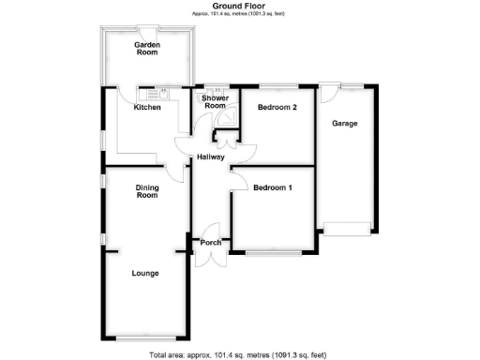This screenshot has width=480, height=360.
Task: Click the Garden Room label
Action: [x=147, y=50]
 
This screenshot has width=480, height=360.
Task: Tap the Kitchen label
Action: [x=147, y=108]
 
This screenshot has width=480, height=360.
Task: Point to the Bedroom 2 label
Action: [x=277, y=108]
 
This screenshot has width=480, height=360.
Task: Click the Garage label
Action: [x=344, y=124]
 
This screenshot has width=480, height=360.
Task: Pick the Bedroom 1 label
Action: [x=273, y=187]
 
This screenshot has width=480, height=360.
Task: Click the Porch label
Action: [x=210, y=243]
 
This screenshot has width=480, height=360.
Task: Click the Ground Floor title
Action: [x=239, y=6]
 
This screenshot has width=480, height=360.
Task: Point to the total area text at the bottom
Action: [x=239, y=354]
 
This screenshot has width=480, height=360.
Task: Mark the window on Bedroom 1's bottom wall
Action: [x=274, y=253]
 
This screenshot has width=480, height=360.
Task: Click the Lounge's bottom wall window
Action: [x=144, y=337]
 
